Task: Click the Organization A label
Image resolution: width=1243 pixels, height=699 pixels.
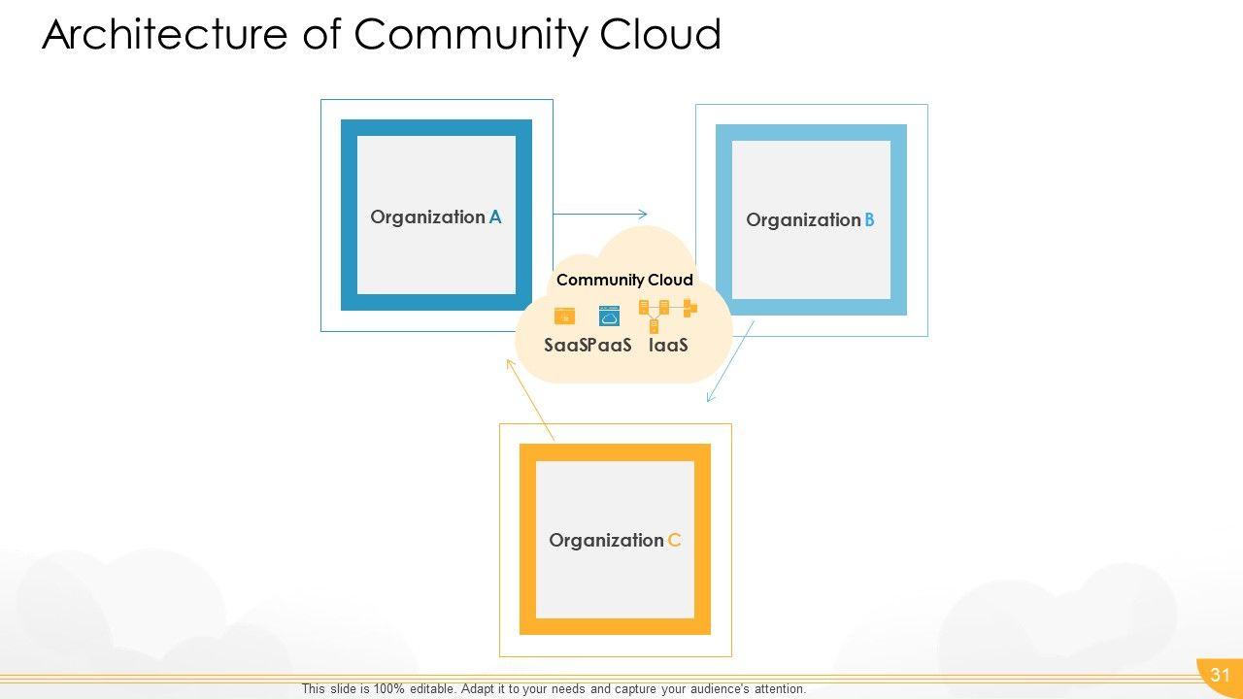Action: [x=436, y=217]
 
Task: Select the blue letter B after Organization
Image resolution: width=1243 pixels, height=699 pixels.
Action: [x=869, y=220]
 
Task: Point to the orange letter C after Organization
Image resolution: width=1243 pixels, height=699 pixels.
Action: [x=674, y=541]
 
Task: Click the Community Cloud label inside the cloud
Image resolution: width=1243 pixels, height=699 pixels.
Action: [x=624, y=281]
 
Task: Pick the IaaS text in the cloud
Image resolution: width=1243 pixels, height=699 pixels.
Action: [x=668, y=345]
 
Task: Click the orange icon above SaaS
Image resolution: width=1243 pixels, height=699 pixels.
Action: [x=564, y=316]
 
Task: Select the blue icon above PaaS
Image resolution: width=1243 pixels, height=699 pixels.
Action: [x=609, y=316]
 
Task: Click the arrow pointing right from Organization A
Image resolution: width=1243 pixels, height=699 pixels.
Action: [x=600, y=214]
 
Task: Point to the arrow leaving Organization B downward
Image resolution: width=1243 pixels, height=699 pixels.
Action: [x=730, y=361]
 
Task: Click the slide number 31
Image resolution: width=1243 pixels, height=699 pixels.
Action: [x=1220, y=676]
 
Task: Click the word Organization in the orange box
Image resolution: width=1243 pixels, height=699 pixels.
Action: [x=606, y=541]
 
